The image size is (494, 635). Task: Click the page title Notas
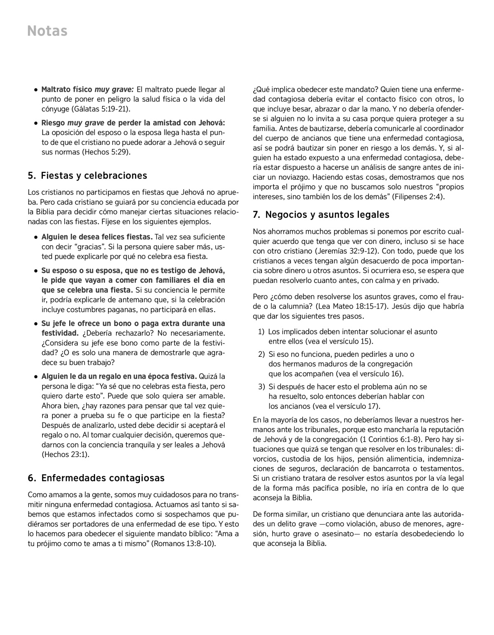(x=47, y=31)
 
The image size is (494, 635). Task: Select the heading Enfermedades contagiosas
(x=96, y=478)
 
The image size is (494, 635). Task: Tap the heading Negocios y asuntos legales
(x=321, y=215)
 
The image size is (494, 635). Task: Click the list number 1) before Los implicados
(x=261, y=332)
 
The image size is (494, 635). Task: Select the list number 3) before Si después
(x=261, y=387)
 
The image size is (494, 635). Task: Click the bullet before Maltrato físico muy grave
(x=36, y=89)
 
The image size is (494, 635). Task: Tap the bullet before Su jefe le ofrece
(x=36, y=323)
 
